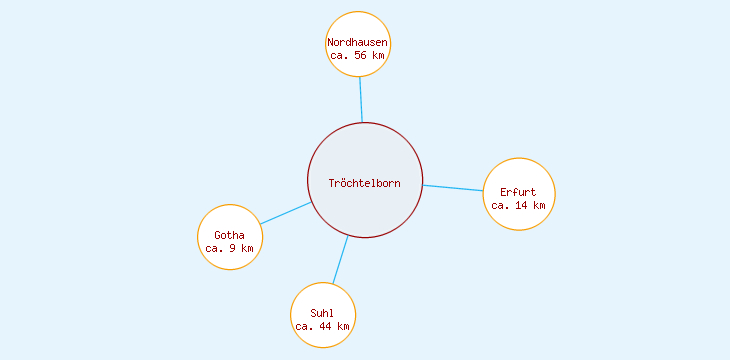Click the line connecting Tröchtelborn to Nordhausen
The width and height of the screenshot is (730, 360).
click(361, 99)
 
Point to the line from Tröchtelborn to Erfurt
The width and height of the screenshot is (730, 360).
click(454, 187)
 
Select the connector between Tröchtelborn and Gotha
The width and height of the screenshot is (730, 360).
click(286, 213)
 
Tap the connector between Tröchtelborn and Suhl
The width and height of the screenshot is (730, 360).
click(340, 260)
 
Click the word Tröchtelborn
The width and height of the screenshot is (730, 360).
click(365, 182)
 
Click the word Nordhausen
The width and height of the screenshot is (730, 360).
click(358, 42)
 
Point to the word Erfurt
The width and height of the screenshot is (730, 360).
click(518, 191)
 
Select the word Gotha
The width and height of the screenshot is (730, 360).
click(229, 235)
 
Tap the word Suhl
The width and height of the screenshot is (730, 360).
click(322, 313)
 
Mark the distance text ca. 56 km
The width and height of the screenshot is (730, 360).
click(358, 56)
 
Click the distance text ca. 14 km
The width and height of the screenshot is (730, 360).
click(518, 205)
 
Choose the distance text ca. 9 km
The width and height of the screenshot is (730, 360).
click(229, 248)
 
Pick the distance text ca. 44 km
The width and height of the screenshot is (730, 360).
click(322, 326)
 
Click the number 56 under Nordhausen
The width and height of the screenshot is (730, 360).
click(361, 56)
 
